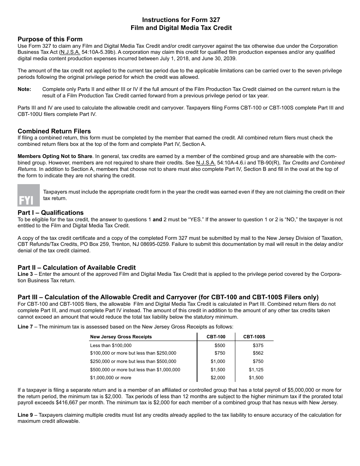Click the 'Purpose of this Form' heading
pos(50,39)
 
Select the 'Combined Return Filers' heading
pos(54,131)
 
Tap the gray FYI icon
pos(28,195)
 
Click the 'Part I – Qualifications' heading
pos(50,213)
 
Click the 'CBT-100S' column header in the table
pos(254,336)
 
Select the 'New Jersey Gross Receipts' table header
pos(121,336)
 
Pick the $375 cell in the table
pos(258,345)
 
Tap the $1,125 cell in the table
pos(256,370)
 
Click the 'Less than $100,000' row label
pos(111,345)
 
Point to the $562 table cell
pos(258,353)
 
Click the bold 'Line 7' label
pos(25,327)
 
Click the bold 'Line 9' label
pos(25,415)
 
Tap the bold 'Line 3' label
pos(25,274)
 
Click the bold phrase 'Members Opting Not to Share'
pos(55,156)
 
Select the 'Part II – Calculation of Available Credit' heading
pos(77,267)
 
